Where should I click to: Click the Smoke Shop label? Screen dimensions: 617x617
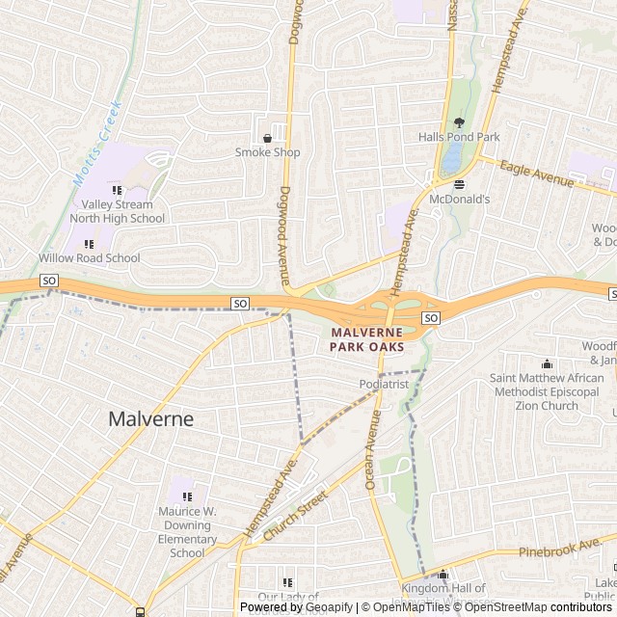click(x=267, y=152)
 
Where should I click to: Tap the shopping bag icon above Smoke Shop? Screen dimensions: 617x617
click(x=267, y=138)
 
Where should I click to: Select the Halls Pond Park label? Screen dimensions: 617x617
click(x=459, y=137)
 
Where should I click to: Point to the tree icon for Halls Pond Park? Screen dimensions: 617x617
click(x=459, y=122)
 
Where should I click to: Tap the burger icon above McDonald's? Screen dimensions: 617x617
click(x=459, y=184)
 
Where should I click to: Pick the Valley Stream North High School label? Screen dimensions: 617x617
click(x=117, y=211)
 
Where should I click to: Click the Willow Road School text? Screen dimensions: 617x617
click(x=89, y=258)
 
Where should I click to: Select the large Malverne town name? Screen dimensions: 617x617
click(x=150, y=419)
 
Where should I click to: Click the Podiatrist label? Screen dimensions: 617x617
click(x=385, y=384)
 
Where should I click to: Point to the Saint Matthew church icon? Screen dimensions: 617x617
click(x=548, y=363)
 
